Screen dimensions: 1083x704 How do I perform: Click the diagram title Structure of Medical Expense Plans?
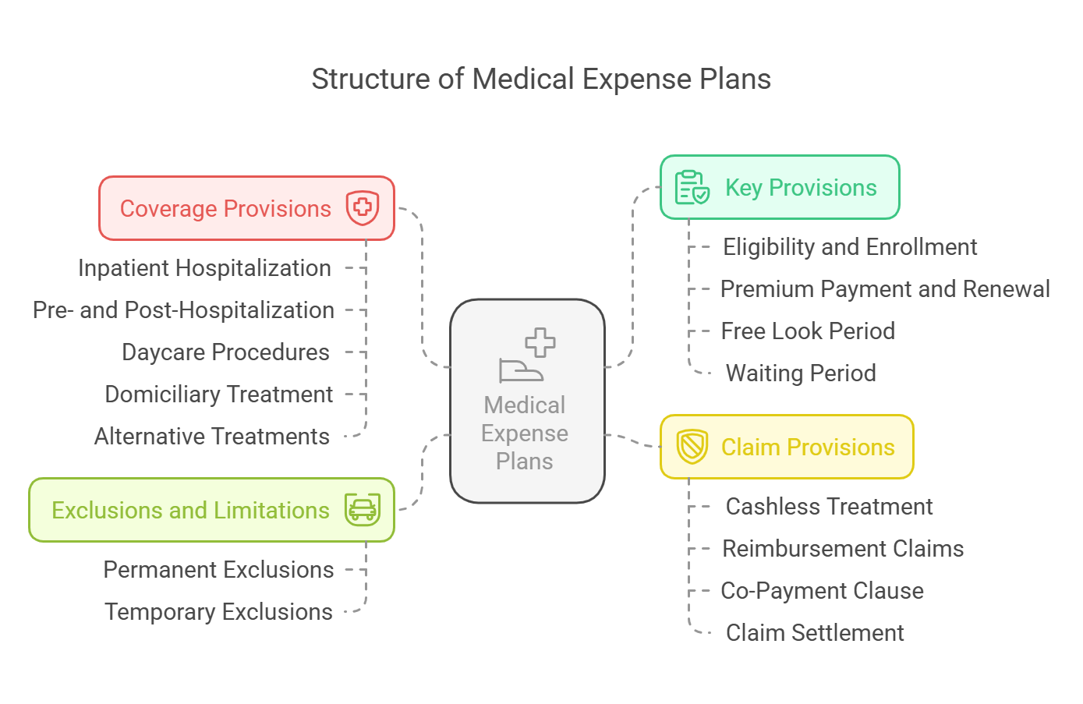coord(541,80)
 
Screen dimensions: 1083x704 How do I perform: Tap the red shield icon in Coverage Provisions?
coord(362,208)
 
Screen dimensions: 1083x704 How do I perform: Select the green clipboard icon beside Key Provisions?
coord(692,187)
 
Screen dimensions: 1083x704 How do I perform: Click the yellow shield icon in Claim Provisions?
coord(692,447)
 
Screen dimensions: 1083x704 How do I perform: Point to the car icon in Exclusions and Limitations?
coord(363,510)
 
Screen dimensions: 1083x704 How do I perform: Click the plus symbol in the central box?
coord(540,343)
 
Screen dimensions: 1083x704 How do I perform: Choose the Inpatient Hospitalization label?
coord(204,268)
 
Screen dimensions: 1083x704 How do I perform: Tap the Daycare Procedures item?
coord(225,352)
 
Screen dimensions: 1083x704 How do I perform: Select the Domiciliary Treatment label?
coord(218,394)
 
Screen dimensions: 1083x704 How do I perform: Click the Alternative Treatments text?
coord(212,437)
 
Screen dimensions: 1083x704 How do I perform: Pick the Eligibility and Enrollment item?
coord(850,248)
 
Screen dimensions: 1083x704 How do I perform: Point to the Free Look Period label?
coord(808,331)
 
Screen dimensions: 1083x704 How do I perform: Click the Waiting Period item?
coord(801,373)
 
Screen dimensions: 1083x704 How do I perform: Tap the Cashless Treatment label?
coord(829,508)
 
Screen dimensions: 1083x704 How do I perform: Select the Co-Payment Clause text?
coord(822,591)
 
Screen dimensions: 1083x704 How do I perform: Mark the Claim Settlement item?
coord(815,633)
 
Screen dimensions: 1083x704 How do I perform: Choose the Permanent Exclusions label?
coord(218,570)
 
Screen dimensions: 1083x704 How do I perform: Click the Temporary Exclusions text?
coord(218,612)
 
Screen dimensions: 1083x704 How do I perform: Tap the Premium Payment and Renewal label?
coord(885,289)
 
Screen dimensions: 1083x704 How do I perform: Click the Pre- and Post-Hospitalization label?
coord(184,310)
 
